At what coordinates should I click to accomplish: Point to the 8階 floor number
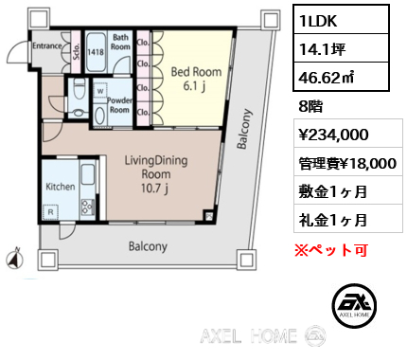[x=310, y=107]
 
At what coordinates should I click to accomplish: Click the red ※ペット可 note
[x=329, y=250]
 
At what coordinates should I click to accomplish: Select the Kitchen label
[x=61, y=187]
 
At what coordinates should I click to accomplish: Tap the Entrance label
[x=47, y=45]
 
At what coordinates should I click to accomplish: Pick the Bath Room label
[x=121, y=43]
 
